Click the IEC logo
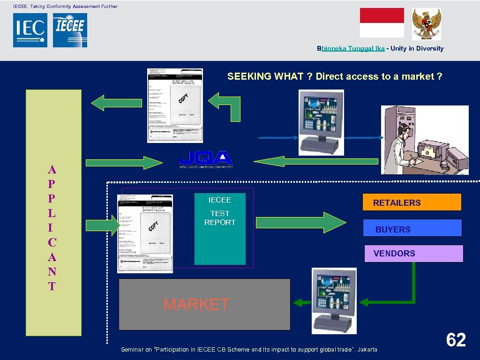click(x=30, y=30)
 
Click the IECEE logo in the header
click(x=70, y=30)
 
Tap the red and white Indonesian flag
click(x=382, y=22)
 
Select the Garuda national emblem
click(x=426, y=24)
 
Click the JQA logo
click(x=206, y=159)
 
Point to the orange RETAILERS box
click(x=412, y=202)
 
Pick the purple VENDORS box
click(x=413, y=254)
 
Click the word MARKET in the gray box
click(x=196, y=305)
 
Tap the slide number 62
click(x=456, y=340)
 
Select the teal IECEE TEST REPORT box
click(x=220, y=229)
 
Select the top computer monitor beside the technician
click(x=322, y=120)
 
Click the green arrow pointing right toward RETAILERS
click(x=324, y=222)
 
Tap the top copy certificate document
click(x=175, y=105)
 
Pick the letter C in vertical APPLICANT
click(x=52, y=242)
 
